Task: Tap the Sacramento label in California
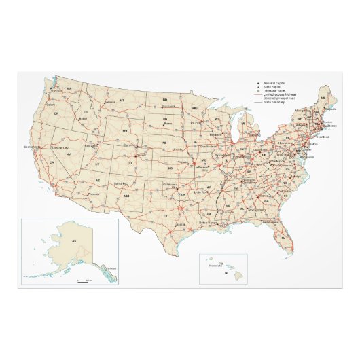pos(31,147)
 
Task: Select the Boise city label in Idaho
pos(84,118)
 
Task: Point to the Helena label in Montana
pos(109,102)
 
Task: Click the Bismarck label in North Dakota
pos(169,107)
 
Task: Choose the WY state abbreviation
pos(125,130)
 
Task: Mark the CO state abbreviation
pos(130,163)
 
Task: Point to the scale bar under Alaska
pos(84,279)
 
